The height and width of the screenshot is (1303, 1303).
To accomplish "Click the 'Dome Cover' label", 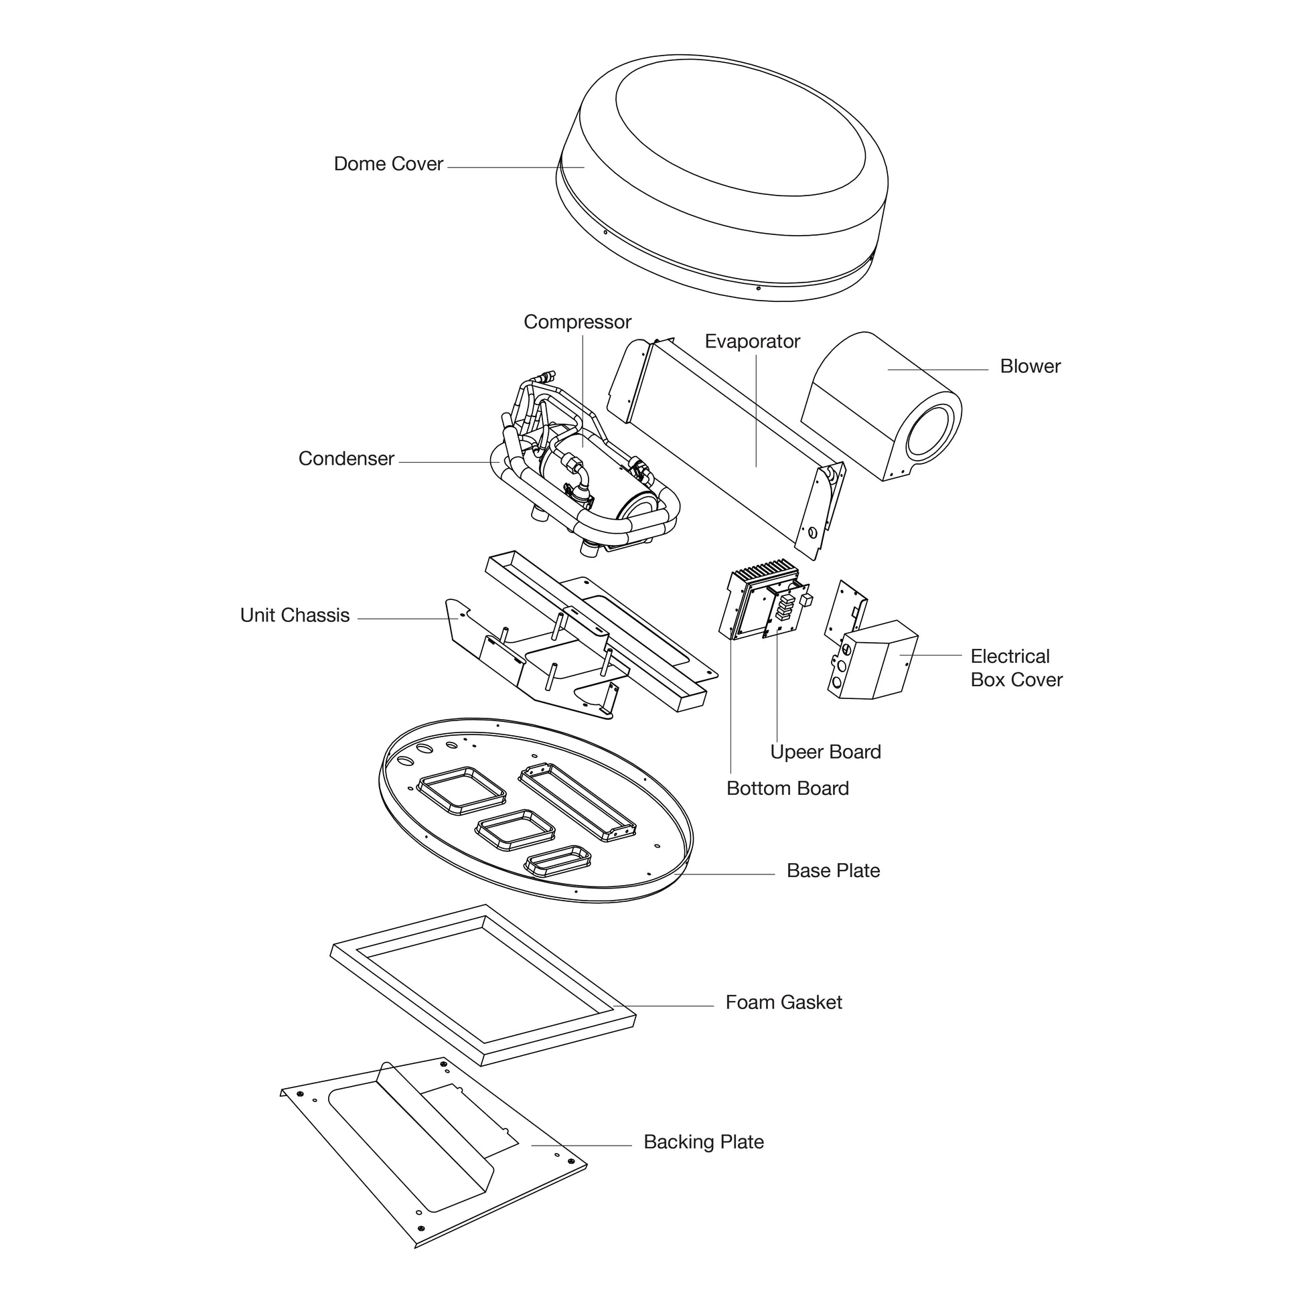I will [388, 164].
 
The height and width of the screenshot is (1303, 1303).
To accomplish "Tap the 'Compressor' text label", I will [577, 322].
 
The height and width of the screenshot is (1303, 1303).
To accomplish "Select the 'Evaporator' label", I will [752, 342].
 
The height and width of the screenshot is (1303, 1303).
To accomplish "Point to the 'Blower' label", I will [1030, 366].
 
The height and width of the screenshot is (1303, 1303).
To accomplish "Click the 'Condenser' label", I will [346, 459].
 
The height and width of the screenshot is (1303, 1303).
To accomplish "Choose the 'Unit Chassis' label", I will [295, 615].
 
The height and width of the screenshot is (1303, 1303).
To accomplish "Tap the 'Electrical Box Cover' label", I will [1016, 668].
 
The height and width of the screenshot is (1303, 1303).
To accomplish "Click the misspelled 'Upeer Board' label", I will [826, 752].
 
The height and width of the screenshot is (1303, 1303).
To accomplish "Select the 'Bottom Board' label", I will [787, 788].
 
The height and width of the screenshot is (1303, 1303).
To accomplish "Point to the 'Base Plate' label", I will [833, 870].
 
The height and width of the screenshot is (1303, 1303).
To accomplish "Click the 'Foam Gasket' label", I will [783, 1002].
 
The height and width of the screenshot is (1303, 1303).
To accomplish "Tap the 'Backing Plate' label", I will [704, 1142].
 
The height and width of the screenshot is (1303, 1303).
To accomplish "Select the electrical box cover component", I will [876, 661].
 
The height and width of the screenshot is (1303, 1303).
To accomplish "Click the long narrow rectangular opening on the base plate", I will [577, 803].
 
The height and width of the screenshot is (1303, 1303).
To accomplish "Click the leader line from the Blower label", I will [937, 370].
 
